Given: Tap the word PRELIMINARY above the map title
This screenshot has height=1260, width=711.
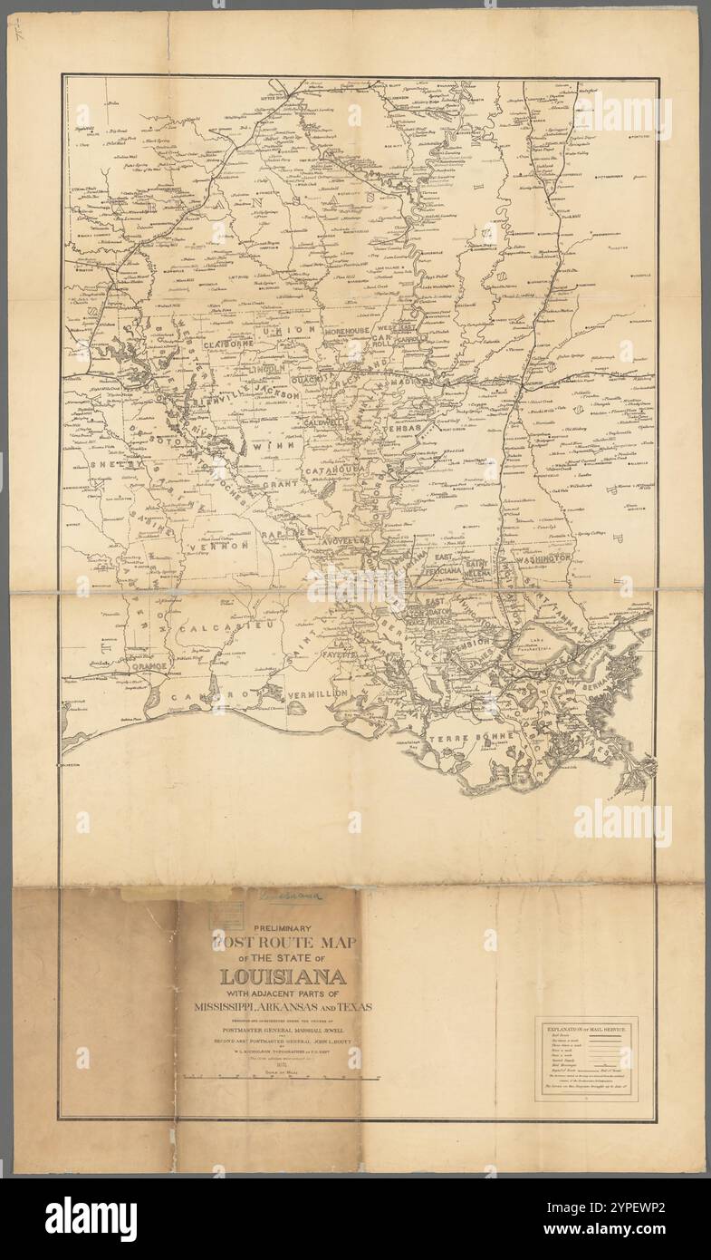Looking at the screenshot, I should pos(282,928).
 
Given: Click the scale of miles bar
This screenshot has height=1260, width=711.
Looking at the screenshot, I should pos(281,1078).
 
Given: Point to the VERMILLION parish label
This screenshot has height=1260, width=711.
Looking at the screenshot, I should pos(316,693).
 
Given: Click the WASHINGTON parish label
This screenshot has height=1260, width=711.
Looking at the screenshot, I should pos(543,558).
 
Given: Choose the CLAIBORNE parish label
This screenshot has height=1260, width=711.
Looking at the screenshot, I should pos(233,344).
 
